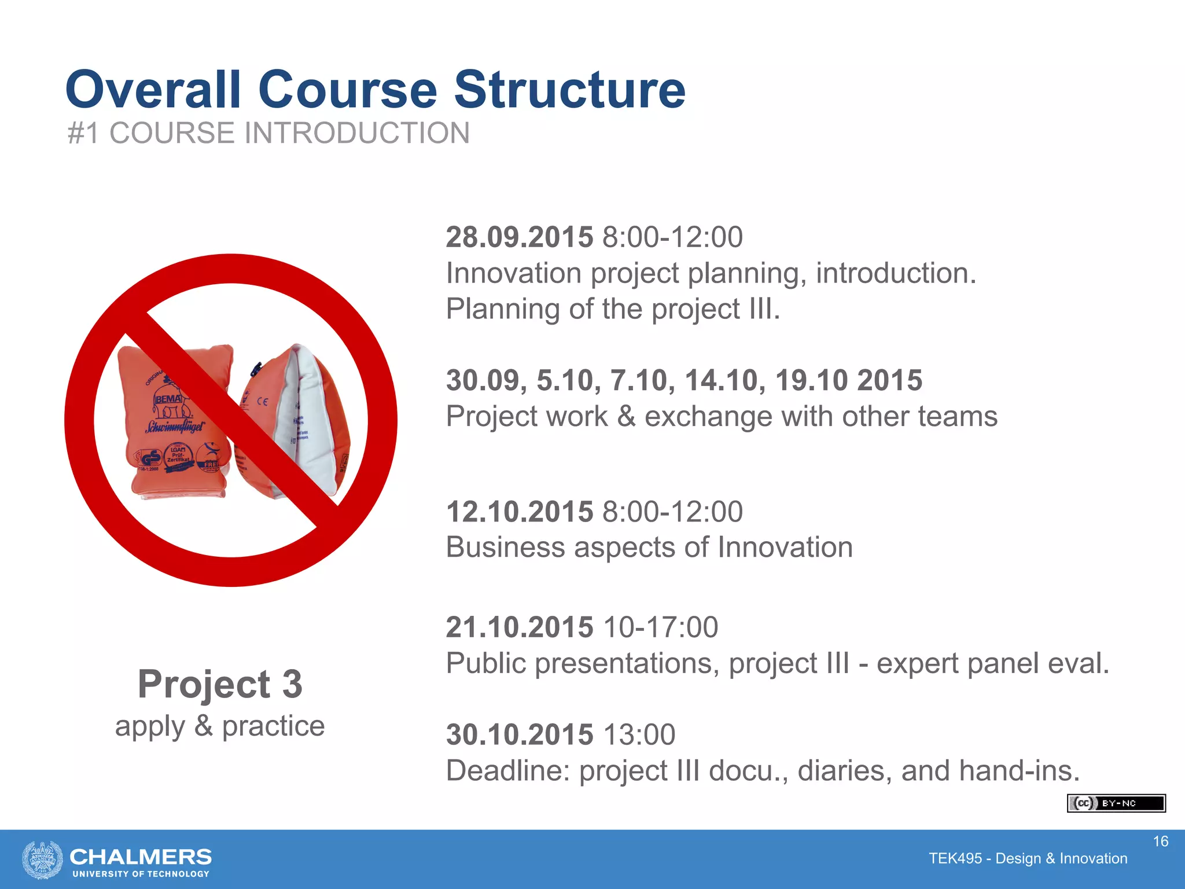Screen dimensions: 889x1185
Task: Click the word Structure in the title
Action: (x=569, y=90)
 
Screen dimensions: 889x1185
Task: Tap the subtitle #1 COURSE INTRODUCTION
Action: (x=268, y=133)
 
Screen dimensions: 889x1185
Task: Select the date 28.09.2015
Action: (x=519, y=237)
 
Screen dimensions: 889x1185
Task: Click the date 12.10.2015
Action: (x=519, y=512)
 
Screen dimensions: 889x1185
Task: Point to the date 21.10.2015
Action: (x=519, y=627)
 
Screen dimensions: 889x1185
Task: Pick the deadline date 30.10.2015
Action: (x=519, y=735)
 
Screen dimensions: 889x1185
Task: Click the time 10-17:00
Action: (x=660, y=627)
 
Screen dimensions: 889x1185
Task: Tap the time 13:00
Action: (x=639, y=735)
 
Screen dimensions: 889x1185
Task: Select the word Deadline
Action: (x=508, y=771)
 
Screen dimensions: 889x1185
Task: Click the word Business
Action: (x=505, y=548)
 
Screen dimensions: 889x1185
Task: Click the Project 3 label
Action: (x=220, y=684)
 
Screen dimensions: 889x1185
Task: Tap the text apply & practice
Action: (x=220, y=726)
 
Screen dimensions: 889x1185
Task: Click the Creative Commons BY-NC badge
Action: (x=1116, y=803)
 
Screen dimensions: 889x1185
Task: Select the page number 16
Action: (x=1160, y=842)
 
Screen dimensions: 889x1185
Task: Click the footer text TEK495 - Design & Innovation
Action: (x=1028, y=858)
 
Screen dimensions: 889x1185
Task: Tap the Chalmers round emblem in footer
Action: (x=42, y=859)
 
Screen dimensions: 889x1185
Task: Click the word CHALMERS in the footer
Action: (x=141, y=857)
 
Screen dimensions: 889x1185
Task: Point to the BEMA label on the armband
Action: (x=168, y=399)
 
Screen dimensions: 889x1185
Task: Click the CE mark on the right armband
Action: (x=262, y=402)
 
